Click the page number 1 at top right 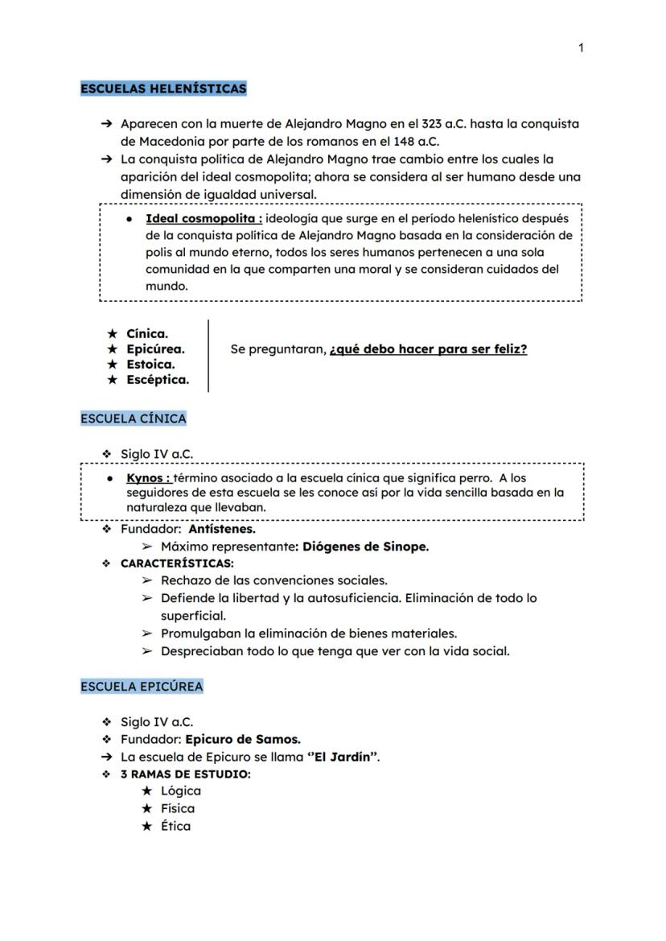581,48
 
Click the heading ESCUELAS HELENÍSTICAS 163,89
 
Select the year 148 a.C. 416,142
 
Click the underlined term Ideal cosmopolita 203,218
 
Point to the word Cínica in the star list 147,333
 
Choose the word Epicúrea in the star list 155,349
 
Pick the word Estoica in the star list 150,364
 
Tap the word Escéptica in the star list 158,380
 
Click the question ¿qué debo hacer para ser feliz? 429,349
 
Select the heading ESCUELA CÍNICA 134,419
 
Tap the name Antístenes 222,530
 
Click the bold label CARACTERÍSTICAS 177,563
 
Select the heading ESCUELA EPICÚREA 142,687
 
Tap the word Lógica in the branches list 181,790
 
